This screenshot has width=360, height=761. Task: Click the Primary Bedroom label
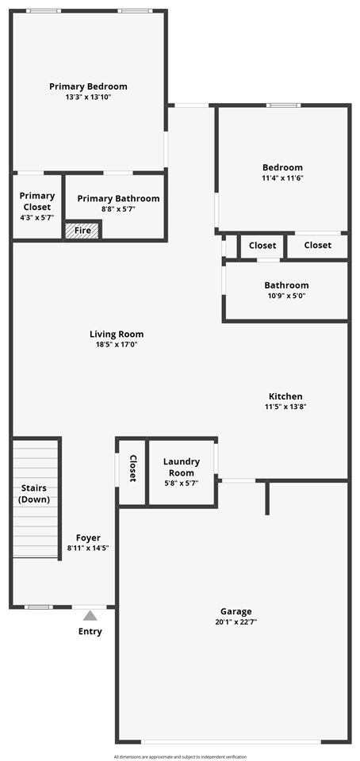coord(88,86)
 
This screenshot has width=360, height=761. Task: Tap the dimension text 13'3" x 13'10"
coord(88,97)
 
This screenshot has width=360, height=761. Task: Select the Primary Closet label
coord(37,201)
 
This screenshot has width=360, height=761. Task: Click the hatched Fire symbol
coord(82,231)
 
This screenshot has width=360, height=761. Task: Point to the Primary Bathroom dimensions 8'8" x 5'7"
coord(118,209)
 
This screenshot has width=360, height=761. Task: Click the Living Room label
coord(117,335)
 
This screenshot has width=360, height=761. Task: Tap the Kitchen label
coord(285,396)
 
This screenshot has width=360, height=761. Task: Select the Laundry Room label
coord(182,467)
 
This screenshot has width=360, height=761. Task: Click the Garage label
coord(236,611)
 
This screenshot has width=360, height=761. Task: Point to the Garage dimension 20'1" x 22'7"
coord(236,622)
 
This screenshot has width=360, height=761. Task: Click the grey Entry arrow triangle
coord(90,615)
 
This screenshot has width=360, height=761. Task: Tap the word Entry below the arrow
coord(90,632)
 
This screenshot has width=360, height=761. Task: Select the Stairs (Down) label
coord(34,494)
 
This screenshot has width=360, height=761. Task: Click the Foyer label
coord(88,537)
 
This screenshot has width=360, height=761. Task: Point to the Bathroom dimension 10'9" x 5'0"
coord(286,296)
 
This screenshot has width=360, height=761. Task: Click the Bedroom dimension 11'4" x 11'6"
coord(283,178)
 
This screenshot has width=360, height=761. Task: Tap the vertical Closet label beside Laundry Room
coord(132,468)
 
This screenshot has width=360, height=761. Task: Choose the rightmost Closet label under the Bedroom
coord(317,246)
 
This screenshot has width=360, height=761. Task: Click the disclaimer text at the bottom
coord(180,756)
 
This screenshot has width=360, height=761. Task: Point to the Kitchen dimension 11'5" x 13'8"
coord(285,407)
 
